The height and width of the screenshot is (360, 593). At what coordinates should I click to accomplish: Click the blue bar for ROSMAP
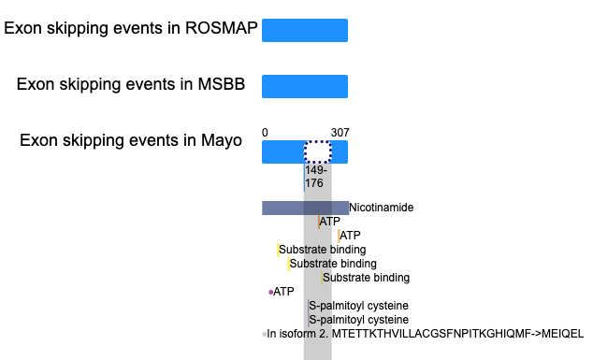[x=305, y=30]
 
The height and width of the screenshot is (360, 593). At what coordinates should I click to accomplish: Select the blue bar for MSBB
[x=305, y=86]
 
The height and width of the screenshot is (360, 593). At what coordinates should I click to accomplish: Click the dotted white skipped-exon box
[x=318, y=152]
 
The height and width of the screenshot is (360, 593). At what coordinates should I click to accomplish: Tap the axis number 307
[x=340, y=133]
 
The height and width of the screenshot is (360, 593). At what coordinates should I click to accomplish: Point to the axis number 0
[x=265, y=133]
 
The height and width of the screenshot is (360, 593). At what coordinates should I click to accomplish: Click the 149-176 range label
[x=316, y=177]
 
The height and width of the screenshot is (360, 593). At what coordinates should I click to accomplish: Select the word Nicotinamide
[x=382, y=208]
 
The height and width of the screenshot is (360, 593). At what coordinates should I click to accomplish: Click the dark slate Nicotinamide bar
[x=305, y=208]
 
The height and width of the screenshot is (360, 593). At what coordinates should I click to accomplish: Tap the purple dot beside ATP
[x=271, y=292]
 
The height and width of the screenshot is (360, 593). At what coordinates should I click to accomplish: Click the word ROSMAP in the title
[x=222, y=28]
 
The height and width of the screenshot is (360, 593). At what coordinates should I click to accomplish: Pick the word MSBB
[x=222, y=84]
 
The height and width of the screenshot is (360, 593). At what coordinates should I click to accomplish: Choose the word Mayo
[x=222, y=140]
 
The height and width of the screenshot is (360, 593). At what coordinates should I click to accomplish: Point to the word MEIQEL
[x=562, y=334]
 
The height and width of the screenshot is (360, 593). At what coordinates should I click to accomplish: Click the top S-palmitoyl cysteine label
[x=358, y=306]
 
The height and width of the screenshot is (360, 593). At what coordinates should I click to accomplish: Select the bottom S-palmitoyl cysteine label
[x=358, y=320]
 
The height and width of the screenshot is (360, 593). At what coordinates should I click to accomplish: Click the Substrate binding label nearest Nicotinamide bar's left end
[x=322, y=250]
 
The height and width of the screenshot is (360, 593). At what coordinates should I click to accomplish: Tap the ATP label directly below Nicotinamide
[x=330, y=222]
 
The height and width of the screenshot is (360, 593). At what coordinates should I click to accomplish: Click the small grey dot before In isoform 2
[x=264, y=335]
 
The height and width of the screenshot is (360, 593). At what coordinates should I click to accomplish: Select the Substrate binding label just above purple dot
[x=366, y=278]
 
